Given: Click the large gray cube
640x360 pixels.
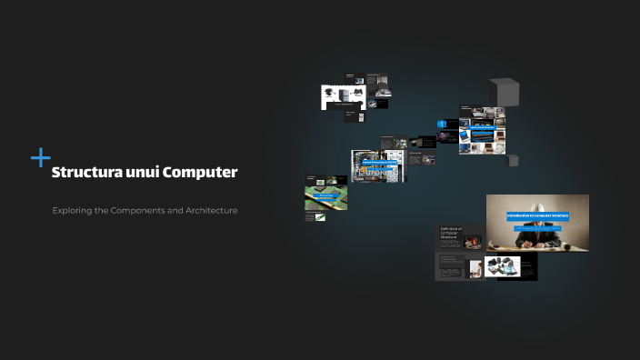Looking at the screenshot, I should (504, 92).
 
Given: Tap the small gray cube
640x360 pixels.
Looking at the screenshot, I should (513, 160).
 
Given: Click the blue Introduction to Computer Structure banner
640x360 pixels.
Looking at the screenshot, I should (537, 216).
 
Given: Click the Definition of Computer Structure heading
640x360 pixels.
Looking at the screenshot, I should (451, 233).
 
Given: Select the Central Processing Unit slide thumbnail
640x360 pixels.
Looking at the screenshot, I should (375, 165).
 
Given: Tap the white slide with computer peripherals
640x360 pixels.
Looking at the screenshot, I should (343, 96).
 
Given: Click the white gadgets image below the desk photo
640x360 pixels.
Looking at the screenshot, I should (503, 266).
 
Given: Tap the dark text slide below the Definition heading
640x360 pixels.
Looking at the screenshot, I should (449, 265).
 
